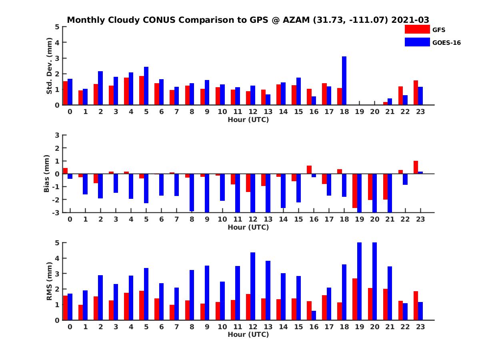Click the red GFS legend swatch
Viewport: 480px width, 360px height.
coord(417,30)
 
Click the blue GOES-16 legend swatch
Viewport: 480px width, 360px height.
coord(417,42)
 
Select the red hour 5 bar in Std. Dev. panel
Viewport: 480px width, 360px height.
coord(142,90)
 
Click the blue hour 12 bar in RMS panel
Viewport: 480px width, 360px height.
coord(253,286)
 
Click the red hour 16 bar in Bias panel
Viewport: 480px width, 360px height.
coord(309,170)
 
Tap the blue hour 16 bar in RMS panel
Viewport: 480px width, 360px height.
coord(314,315)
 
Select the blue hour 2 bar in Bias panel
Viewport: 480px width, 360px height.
coord(100,186)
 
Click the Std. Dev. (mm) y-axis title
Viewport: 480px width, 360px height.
coord(50,66)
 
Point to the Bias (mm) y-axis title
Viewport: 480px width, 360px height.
coord(47,174)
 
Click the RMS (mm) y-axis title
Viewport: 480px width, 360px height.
coord(50,281)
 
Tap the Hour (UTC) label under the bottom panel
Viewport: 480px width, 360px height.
coord(248,334)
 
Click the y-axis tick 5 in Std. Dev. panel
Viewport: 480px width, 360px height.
coord(58,27)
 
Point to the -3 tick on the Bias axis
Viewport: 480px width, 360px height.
coord(56,212)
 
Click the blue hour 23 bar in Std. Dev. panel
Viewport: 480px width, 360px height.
coord(420,96)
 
